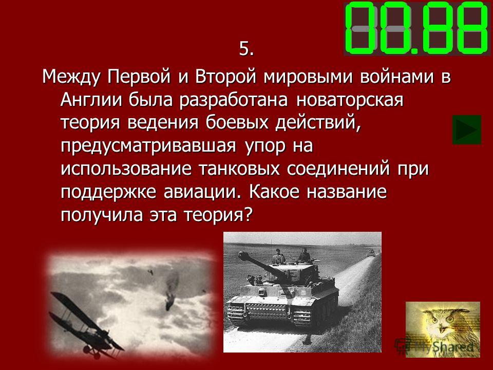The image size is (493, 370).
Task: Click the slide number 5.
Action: point(246,49)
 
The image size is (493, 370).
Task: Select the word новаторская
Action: point(350,100)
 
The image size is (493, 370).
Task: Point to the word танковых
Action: point(239,169)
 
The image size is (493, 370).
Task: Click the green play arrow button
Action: point(467,129)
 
